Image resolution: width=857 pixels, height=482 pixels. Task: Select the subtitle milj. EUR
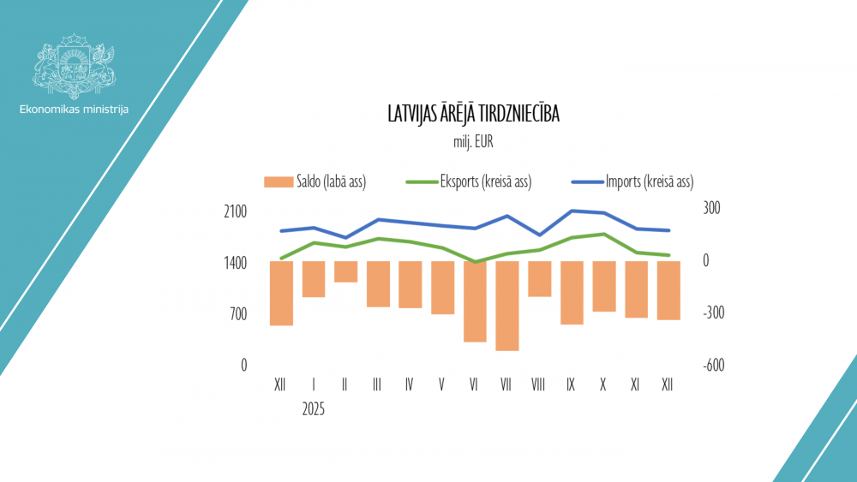click(474, 141)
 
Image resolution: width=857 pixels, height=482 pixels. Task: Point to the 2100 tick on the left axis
click(235, 211)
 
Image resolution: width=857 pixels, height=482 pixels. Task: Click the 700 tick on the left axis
click(237, 313)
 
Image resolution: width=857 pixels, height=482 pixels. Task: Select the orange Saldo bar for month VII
click(507, 306)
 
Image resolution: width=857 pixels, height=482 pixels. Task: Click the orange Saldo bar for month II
click(345, 271)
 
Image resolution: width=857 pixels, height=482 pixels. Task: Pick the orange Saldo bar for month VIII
click(539, 279)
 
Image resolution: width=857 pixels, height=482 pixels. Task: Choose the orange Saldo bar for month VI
click(475, 301)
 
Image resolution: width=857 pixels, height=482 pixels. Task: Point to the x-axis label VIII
click(538, 385)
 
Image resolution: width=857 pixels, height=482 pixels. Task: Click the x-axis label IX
click(571, 385)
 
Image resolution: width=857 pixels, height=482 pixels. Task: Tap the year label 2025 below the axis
click(314, 409)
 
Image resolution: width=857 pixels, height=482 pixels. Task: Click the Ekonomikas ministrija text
click(74, 110)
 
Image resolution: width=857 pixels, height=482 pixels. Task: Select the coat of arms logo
click(74, 62)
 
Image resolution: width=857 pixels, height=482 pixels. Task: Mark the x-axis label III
click(378, 385)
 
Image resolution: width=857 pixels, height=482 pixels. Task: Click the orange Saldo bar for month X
click(604, 286)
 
